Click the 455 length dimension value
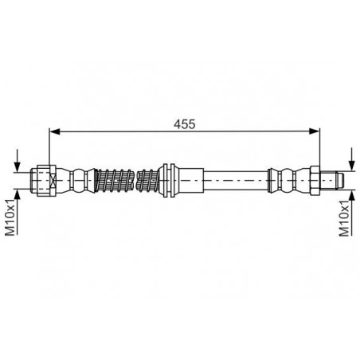185,124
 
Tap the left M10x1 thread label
11,217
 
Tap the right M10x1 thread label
345,217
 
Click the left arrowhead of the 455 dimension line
55,131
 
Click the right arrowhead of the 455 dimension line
315,131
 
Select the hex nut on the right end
315,181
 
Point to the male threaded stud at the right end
332,181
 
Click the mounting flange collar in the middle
169,181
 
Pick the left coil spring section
114,181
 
